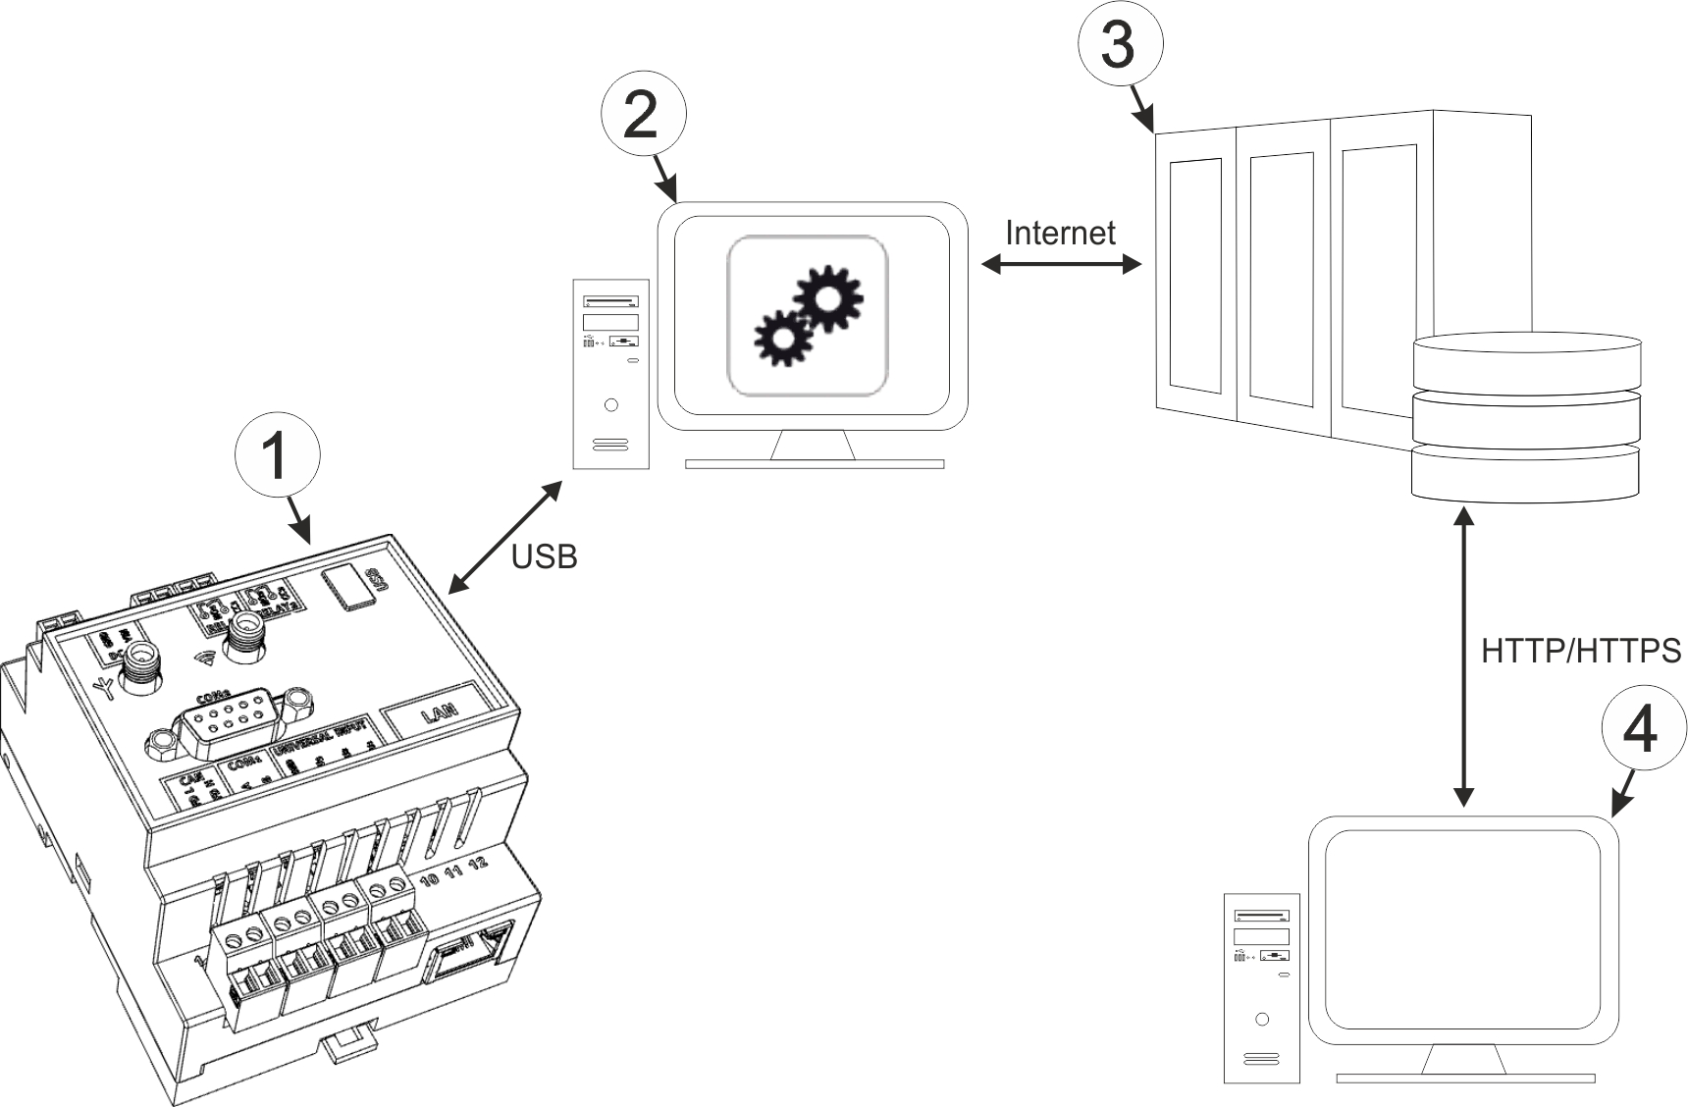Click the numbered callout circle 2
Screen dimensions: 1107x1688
click(x=642, y=117)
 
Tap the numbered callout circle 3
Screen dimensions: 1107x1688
click(x=1120, y=45)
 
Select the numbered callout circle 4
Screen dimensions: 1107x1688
click(x=1643, y=732)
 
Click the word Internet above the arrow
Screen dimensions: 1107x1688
click(x=1061, y=233)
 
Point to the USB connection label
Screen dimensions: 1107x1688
click(x=544, y=556)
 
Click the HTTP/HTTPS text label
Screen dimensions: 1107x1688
click(x=1581, y=651)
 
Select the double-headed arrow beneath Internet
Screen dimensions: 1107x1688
click(x=1062, y=264)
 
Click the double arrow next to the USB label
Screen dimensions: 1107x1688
click(x=505, y=537)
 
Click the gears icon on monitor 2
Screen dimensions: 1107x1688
click(x=808, y=316)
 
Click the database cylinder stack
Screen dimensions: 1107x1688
click(x=1525, y=418)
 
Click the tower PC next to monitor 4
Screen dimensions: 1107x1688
click(x=1262, y=987)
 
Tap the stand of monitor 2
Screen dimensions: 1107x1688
click(x=813, y=448)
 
